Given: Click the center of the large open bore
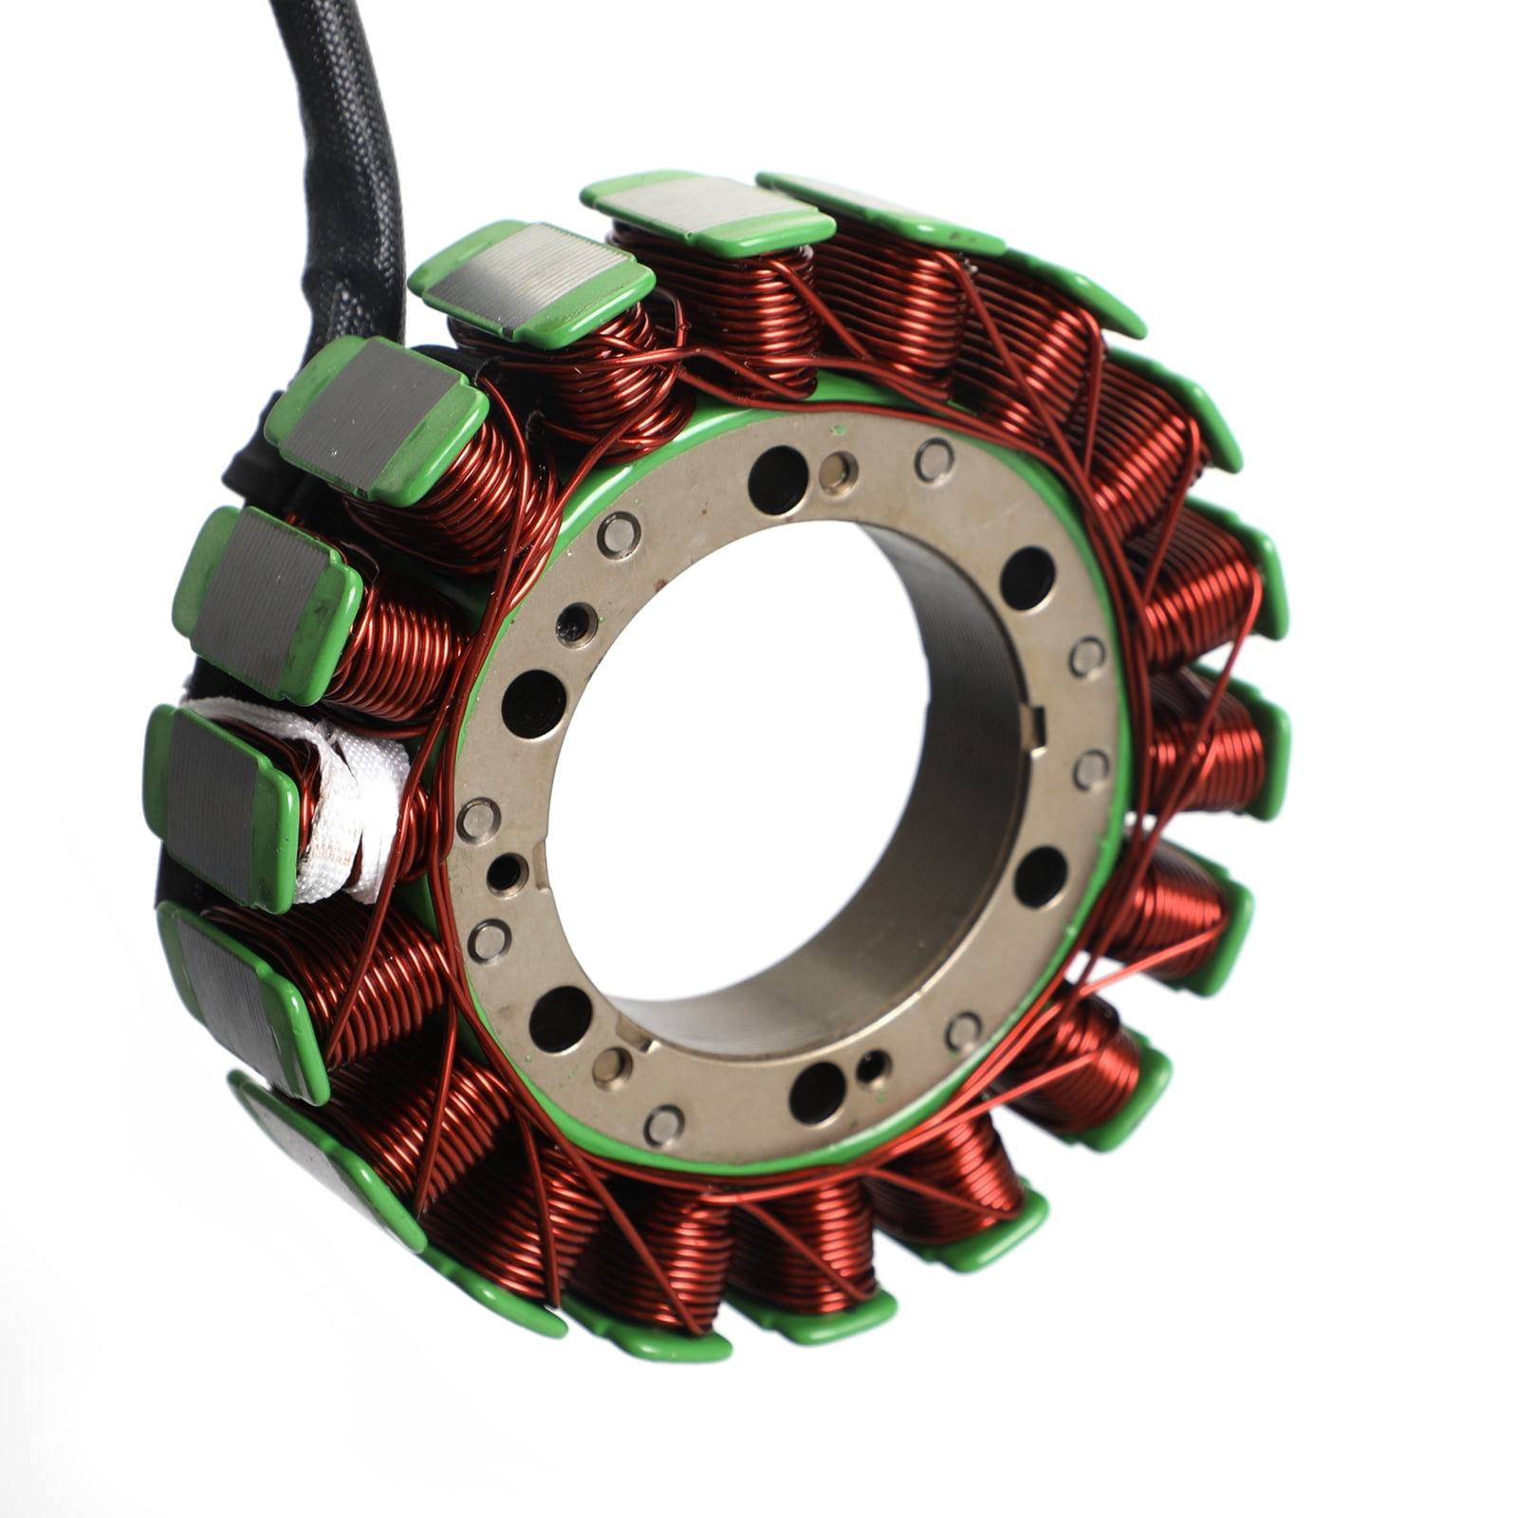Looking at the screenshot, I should [750, 759].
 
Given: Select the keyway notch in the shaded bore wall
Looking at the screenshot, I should [1036, 728].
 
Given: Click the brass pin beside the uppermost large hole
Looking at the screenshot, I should [837, 472].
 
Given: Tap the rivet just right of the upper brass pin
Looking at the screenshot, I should [934, 459].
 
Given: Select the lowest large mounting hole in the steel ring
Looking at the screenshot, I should [816, 1092].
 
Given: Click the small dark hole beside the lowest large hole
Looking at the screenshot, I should [871, 1065].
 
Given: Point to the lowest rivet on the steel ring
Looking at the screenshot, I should [663, 1125].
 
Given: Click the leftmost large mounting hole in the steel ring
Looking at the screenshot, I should [533, 703].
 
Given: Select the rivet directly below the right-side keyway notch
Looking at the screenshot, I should [1091, 768].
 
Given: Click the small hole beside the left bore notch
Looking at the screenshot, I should [507, 869].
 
